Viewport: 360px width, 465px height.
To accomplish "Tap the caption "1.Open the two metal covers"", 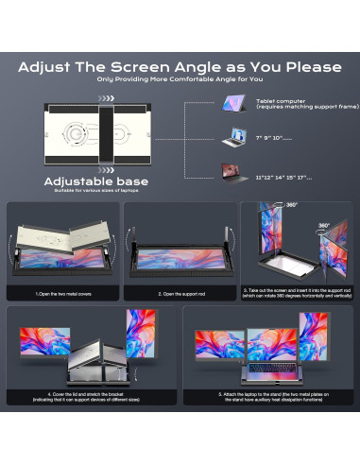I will pos(62,295).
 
